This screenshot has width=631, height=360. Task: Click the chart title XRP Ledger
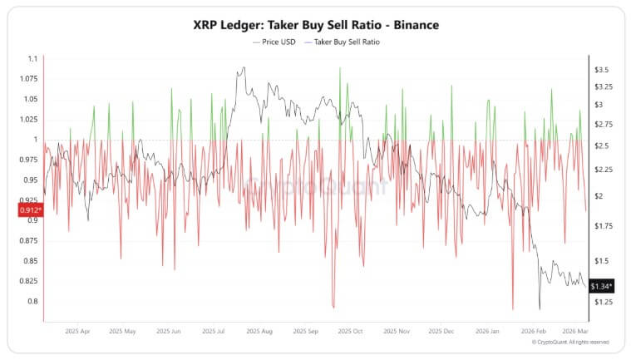[x=315, y=25]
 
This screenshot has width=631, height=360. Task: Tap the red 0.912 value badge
[x=30, y=211]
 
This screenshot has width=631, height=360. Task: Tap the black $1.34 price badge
[x=601, y=287]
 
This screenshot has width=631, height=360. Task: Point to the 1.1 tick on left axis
[x=32, y=59]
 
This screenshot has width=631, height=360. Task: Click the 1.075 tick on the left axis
[x=28, y=79]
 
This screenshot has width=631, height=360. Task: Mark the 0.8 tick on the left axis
[x=32, y=301]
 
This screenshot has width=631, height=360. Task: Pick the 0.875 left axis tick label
[x=28, y=240]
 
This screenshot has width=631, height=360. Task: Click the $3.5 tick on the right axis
[x=602, y=70]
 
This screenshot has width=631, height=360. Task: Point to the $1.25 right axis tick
[x=602, y=302]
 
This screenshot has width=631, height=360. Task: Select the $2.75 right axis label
[x=602, y=125]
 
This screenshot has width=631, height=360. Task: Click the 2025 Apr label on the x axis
[x=77, y=330]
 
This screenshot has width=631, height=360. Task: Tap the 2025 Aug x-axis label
[x=259, y=330]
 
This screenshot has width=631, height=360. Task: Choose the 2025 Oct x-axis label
[x=350, y=330]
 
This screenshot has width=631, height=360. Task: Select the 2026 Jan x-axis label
[x=484, y=330]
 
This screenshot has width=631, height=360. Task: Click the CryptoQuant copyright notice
[x=570, y=342]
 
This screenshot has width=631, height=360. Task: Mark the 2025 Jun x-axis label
[x=169, y=330]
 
